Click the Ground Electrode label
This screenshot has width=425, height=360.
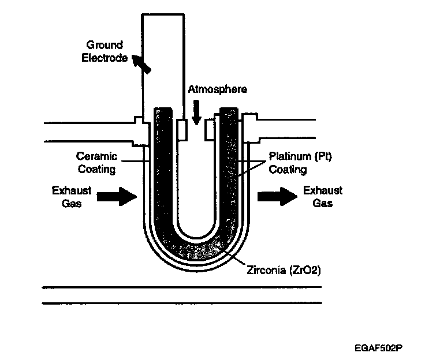click(x=106, y=51)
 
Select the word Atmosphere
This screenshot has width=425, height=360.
click(x=218, y=89)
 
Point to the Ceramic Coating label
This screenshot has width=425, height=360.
click(x=96, y=163)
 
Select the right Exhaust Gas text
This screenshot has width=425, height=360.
click(x=323, y=196)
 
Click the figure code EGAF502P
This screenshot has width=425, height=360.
click(x=379, y=348)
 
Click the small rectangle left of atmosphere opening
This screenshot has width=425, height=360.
click(x=182, y=129)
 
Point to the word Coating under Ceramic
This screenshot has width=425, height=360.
click(x=97, y=170)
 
